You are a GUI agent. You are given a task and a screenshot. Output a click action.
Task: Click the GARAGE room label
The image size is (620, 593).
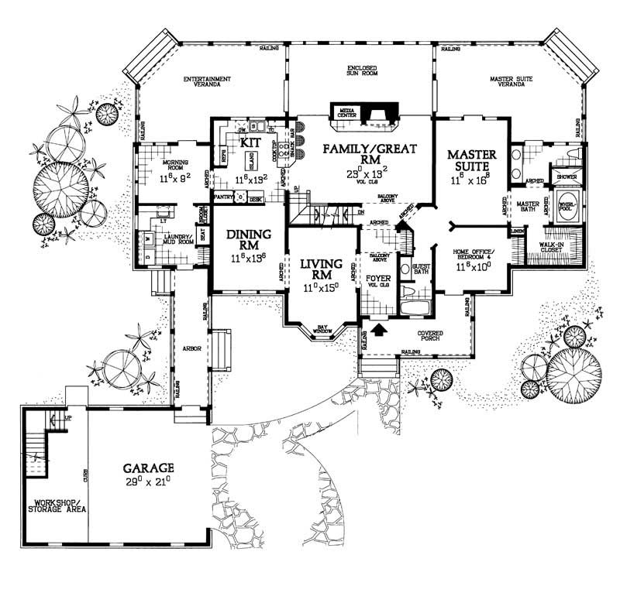147,468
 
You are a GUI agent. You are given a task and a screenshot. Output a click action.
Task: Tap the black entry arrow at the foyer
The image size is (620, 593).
379,331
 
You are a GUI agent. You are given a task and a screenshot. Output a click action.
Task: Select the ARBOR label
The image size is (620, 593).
192,349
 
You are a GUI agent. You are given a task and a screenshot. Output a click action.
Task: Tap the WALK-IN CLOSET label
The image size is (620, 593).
550,247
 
